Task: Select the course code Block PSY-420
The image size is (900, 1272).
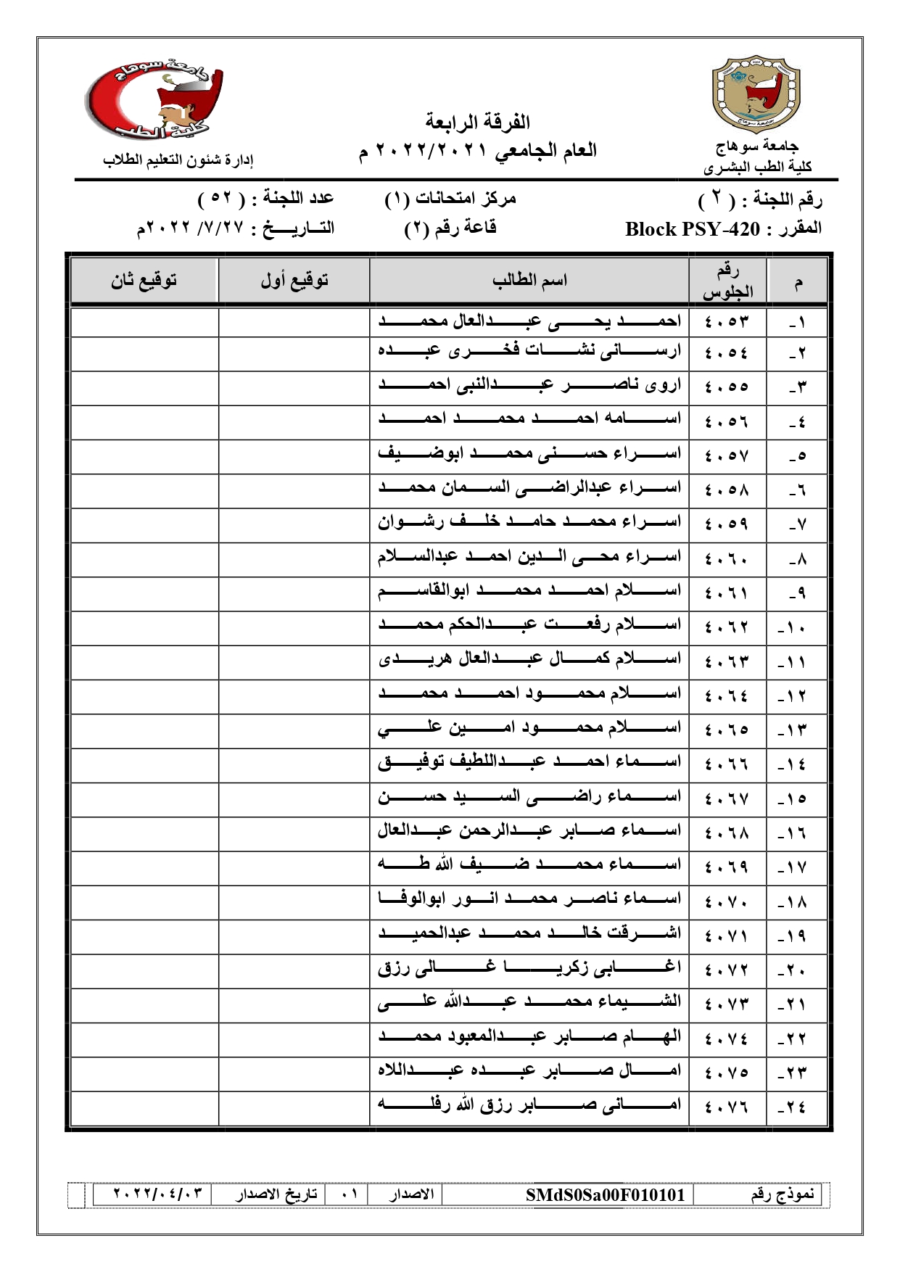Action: pyautogui.click(x=692, y=229)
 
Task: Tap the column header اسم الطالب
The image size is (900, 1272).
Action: pyautogui.click(x=529, y=280)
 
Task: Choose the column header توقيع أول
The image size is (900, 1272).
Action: pyautogui.click(x=294, y=280)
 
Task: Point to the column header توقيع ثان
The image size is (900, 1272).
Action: pyautogui.click(x=144, y=280)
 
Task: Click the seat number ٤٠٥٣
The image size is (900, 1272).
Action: pyautogui.click(x=725, y=321)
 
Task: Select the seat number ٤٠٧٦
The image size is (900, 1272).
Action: pyautogui.click(x=725, y=1107)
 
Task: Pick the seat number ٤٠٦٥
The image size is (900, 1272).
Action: pyautogui.click(x=725, y=730)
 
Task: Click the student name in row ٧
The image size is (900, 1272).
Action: pyautogui.click(x=529, y=522)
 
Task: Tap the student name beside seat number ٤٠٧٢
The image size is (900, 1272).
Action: pyautogui.click(x=529, y=970)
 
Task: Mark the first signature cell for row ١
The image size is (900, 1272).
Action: pyautogui.click(x=294, y=321)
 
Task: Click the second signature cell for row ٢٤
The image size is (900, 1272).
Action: pyautogui.click(x=144, y=1107)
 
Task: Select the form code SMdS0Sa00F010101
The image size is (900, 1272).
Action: pyautogui.click(x=605, y=1194)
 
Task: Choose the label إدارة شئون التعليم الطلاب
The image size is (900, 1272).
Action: pyautogui.click(x=178, y=160)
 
